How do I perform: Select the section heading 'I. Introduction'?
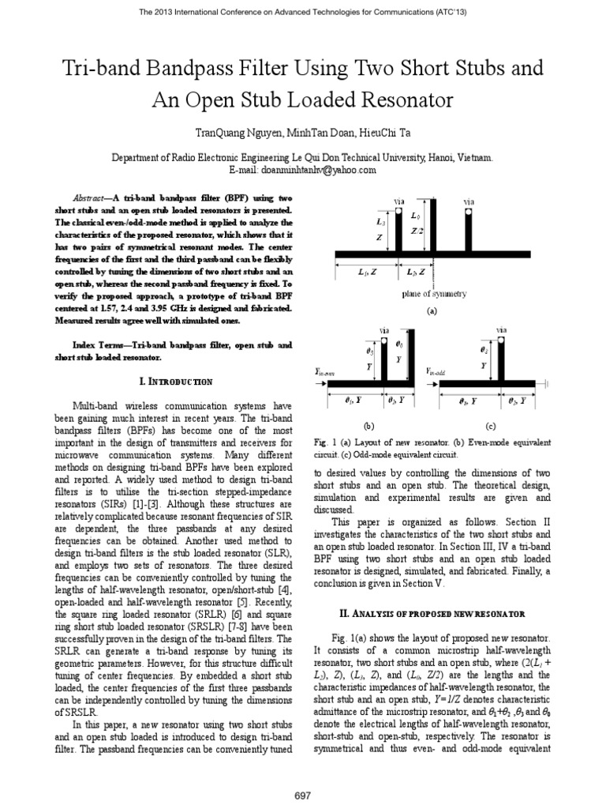[175, 382]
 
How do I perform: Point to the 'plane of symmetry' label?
[432, 294]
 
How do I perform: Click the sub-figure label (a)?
[431, 312]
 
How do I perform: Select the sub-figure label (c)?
[489, 424]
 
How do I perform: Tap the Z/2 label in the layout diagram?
[419, 231]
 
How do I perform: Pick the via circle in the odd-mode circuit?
[502, 341]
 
